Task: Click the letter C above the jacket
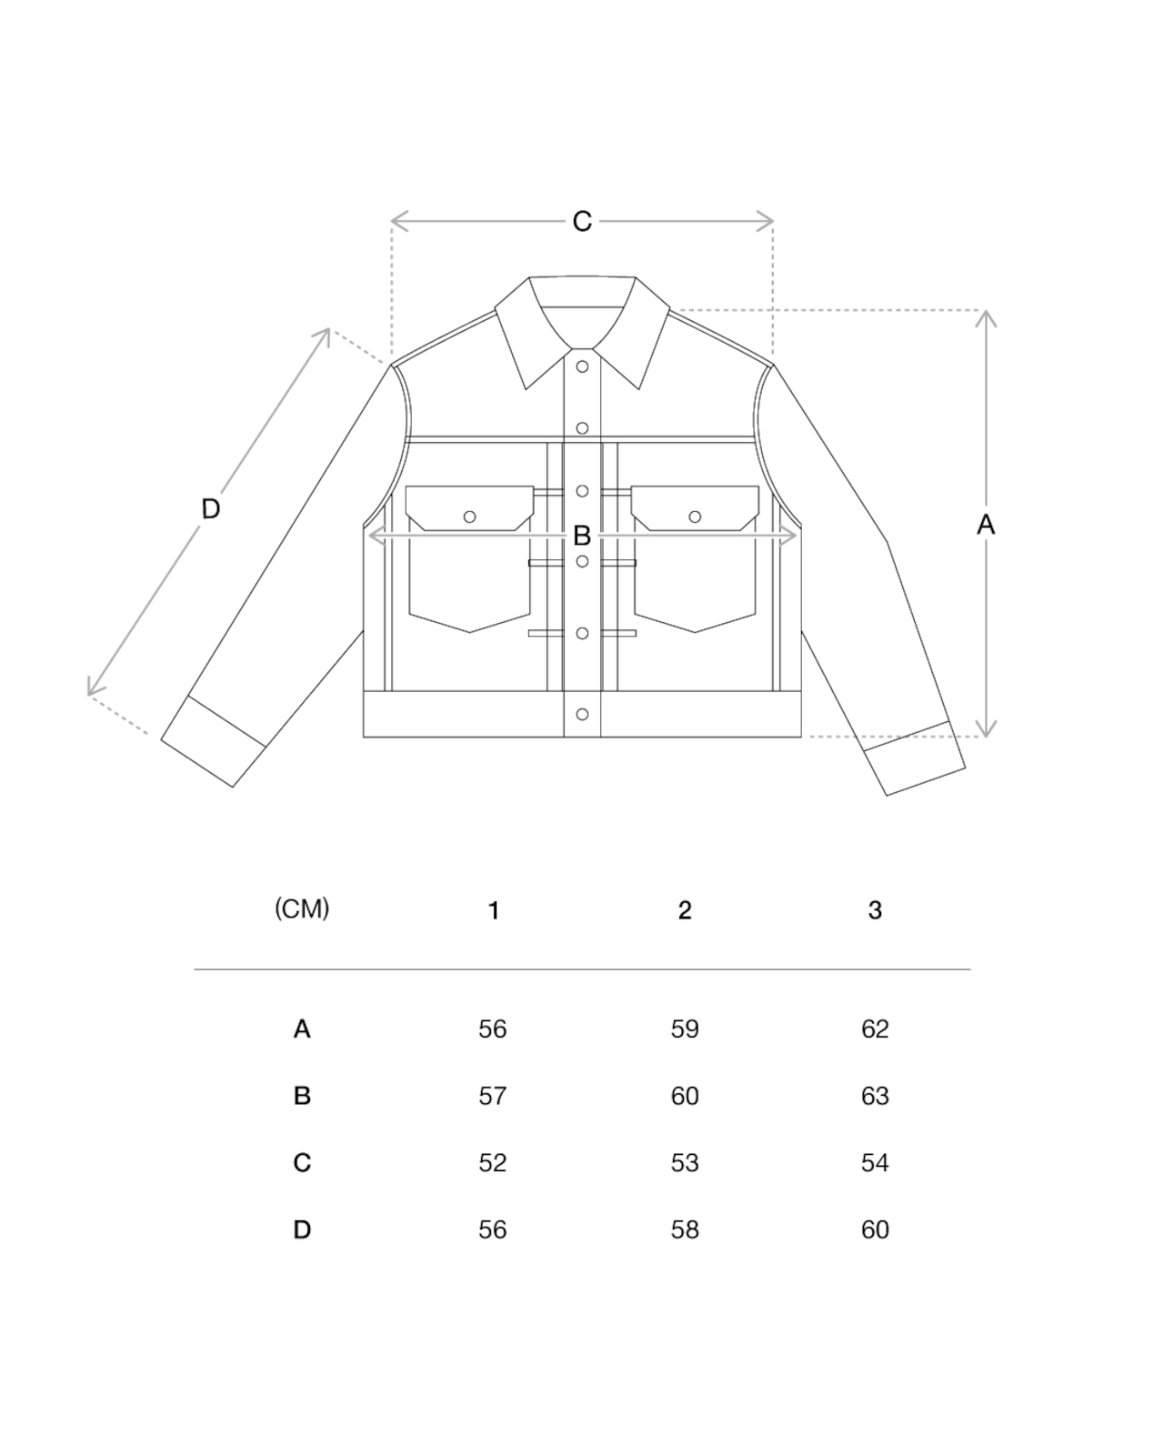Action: coord(582,221)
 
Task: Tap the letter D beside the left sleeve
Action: coord(210,508)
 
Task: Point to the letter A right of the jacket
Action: coord(986,524)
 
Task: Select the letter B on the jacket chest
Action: coord(582,536)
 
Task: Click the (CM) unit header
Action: coord(302,908)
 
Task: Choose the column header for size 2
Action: coord(685,910)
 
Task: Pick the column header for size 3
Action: coord(875,910)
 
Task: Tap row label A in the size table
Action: coord(302,1029)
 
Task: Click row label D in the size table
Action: coord(302,1229)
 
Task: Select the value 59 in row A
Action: coord(685,1029)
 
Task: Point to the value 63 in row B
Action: coord(875,1096)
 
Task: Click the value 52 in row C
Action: coord(492,1163)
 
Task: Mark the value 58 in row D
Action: coord(685,1229)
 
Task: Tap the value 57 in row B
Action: coord(492,1096)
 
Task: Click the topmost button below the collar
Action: coord(582,367)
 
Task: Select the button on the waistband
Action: coord(582,715)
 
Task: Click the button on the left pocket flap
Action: coord(469,517)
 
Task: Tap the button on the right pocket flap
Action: coord(695,517)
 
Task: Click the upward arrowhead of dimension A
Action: coord(986,316)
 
